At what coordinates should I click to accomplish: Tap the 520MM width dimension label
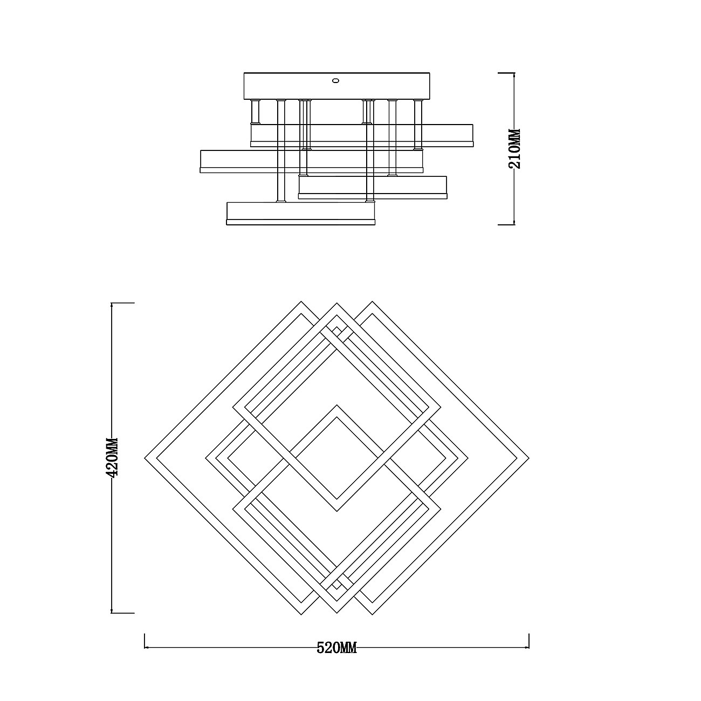[x=337, y=648]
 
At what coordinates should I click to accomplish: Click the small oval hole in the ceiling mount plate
[x=336, y=80]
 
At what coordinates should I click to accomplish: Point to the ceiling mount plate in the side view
[x=337, y=86]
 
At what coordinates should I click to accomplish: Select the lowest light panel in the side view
[x=300, y=214]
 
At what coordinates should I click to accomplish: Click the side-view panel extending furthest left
[x=311, y=161]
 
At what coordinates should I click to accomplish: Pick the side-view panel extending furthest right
[x=362, y=135]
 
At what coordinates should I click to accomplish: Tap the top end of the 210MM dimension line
[x=514, y=73]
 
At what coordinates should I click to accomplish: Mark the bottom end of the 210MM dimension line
[x=514, y=224]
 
